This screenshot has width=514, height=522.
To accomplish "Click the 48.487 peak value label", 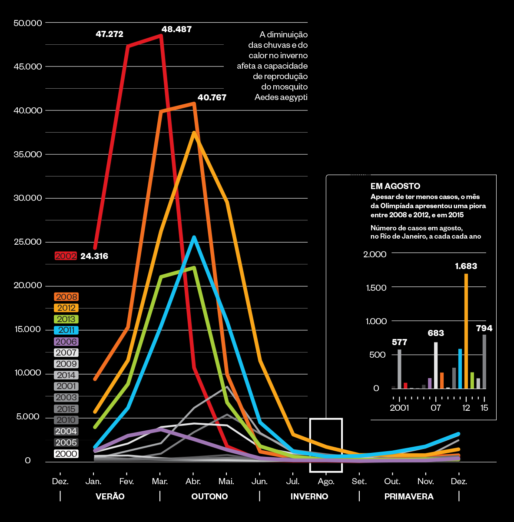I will point(176,30).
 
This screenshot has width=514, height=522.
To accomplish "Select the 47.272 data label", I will point(109,34).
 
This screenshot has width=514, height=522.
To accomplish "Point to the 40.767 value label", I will point(212,97).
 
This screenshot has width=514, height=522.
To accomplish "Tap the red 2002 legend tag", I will point(66,256).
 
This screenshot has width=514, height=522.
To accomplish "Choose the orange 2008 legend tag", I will point(66,297).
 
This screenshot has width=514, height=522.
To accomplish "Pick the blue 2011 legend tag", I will point(66,330).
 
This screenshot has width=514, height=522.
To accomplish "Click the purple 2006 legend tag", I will point(66,342).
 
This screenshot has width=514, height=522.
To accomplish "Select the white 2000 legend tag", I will point(66,454).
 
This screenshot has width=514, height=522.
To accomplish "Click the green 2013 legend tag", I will point(66,319).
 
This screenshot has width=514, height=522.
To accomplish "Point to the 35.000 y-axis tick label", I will point(28,154).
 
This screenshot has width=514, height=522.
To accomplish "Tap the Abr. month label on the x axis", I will point(193,481).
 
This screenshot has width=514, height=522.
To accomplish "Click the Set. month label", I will point(359,481).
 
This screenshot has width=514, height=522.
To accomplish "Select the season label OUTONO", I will point(209,496).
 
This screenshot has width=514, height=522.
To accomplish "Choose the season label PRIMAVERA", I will point(409,496).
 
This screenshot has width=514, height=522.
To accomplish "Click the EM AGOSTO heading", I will point(395,186).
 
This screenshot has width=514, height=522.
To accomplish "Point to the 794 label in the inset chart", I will point(484,328).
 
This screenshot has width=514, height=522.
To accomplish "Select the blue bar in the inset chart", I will point(460,369).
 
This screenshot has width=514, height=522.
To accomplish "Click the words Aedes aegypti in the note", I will point(281,97).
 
